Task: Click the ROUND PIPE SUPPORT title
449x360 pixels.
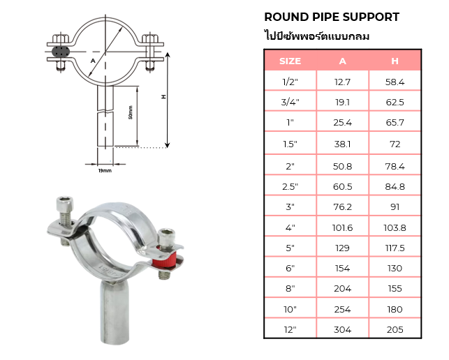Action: coord(332,17)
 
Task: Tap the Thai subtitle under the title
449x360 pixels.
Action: coord(317,36)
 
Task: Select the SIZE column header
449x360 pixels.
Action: coord(290,61)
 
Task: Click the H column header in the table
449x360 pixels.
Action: coord(395,61)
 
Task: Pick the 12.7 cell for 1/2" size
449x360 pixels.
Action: coord(342,82)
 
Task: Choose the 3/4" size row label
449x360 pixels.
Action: coord(290,102)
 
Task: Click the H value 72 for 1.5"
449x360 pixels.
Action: coord(395,144)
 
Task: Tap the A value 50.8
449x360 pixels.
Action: coord(342,166)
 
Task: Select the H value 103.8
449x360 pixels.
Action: coord(395,227)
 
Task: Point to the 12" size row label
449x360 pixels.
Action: coord(290,330)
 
